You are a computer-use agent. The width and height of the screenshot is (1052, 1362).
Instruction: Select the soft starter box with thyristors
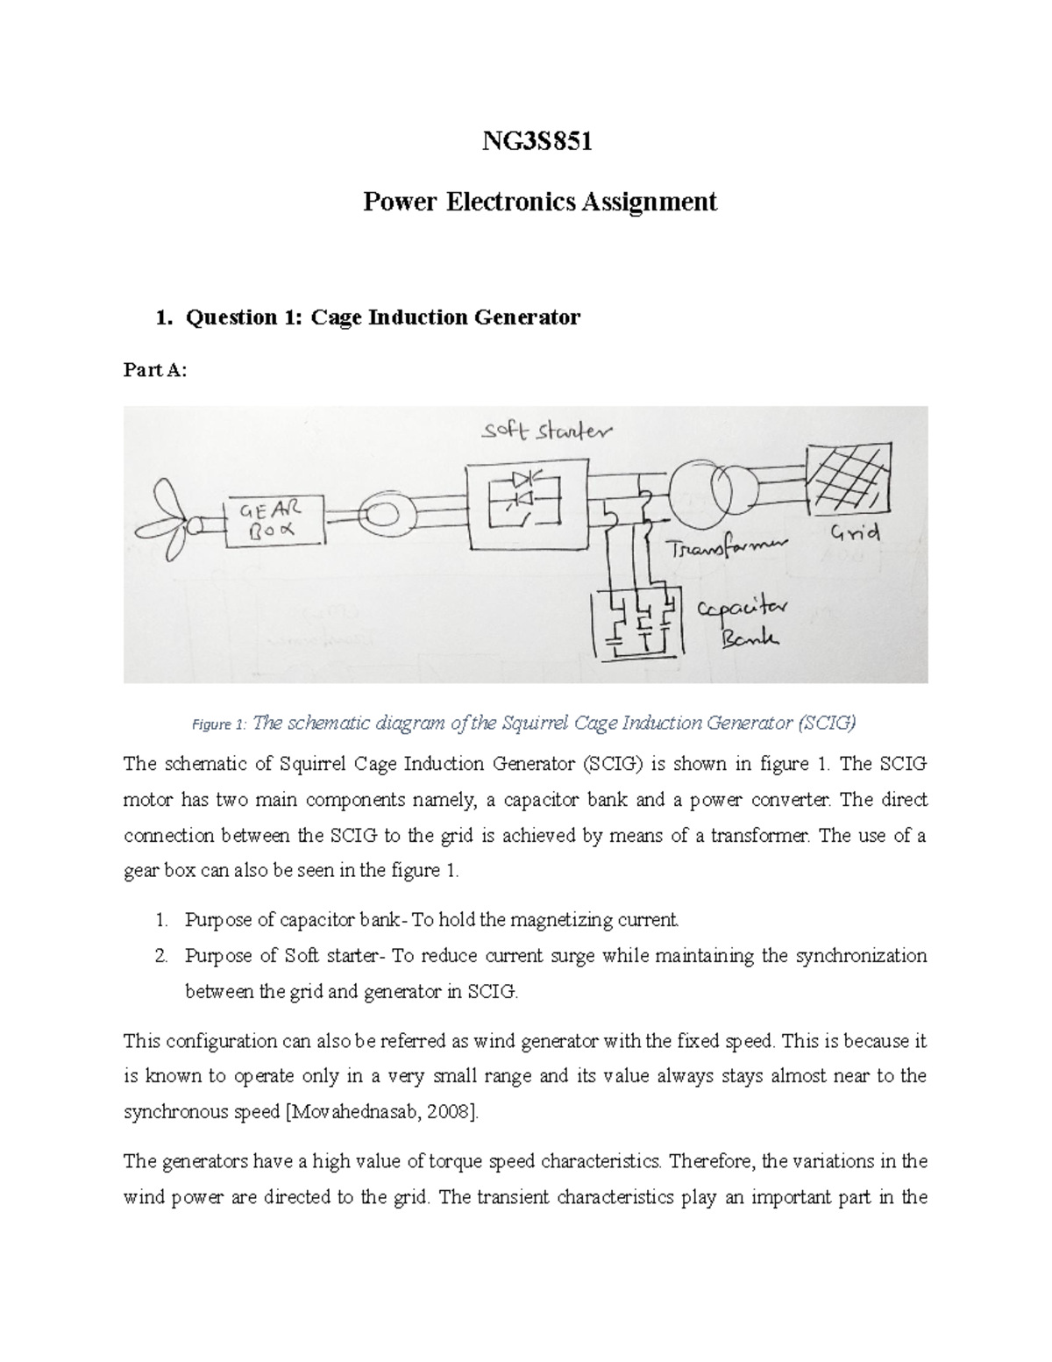[x=523, y=503]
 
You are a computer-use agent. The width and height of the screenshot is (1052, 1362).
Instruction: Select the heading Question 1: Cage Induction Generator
[x=380, y=317]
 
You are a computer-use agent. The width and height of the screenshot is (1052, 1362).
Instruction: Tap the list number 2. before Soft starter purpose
[x=161, y=956]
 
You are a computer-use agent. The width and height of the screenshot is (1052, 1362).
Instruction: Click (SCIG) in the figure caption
[x=826, y=724]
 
